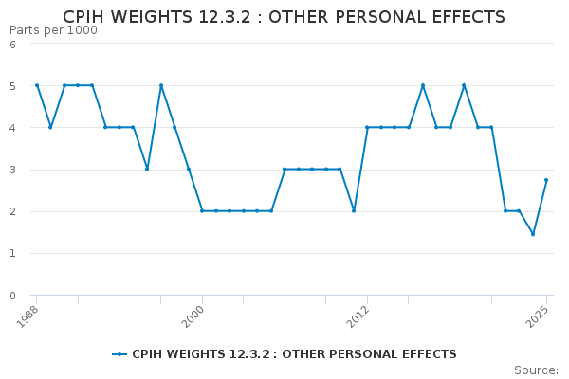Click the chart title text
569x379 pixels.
pos(284,17)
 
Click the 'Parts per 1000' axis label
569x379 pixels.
pos(53,30)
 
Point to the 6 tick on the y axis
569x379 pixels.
pos(12,44)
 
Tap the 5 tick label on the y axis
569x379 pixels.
pos(12,86)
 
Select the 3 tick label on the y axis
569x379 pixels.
pos(12,170)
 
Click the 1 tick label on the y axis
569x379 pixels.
pos(12,254)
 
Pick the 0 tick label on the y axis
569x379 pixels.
pos(12,296)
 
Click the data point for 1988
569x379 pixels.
pos(37,85)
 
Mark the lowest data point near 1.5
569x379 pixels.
pos(533,234)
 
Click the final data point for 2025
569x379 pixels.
pos(546,180)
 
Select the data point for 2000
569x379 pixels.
pos(202,211)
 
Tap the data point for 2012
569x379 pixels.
pos(367,127)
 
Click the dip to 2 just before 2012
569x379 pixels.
pos(354,211)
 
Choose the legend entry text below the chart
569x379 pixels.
pos(294,354)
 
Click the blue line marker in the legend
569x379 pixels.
pos(119,354)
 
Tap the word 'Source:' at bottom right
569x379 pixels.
pos(536,370)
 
